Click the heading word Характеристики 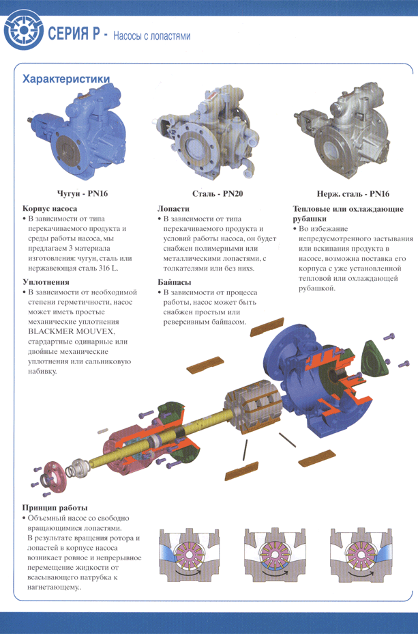[x=67, y=79]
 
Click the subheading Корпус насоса [x=50, y=208]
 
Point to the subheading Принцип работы [x=55, y=508]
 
